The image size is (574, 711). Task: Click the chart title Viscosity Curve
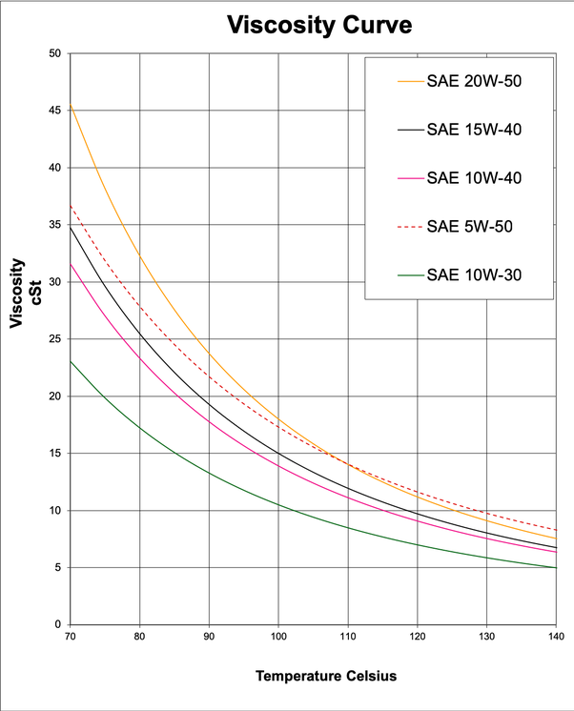[319, 25]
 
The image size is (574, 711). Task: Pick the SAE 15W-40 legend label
[474, 129]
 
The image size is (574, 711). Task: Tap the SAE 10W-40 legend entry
[474, 178]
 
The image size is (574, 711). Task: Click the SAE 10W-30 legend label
[474, 276]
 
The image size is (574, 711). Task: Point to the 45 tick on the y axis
[54, 111]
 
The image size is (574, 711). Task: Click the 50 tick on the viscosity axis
[54, 53]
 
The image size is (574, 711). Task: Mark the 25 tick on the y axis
[54, 339]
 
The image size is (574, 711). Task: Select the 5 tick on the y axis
[57, 568]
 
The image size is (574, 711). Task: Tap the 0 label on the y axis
[57, 625]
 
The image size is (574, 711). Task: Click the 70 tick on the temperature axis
[70, 636]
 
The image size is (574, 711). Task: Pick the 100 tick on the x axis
[278, 636]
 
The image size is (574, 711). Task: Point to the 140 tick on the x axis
[556, 636]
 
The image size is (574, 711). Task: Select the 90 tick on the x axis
[209, 636]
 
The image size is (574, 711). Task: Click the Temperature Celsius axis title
[325, 676]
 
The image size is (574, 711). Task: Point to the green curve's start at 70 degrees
[71, 360]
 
